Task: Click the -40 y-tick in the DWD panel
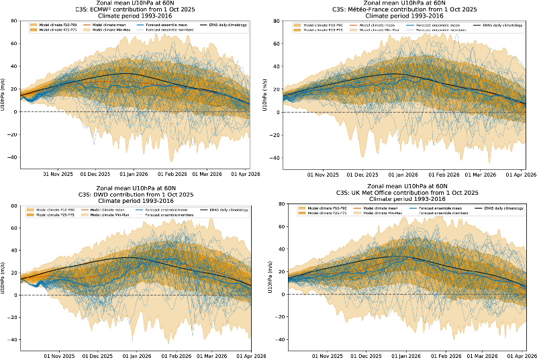click(x=12, y=340)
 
